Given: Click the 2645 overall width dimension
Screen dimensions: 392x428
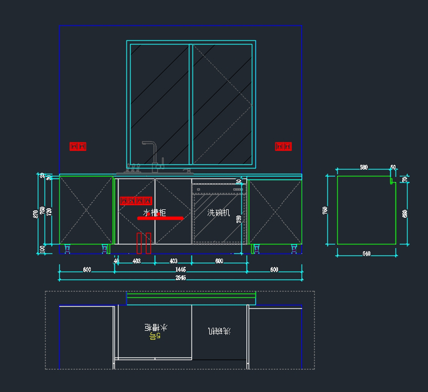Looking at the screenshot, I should click(180, 278).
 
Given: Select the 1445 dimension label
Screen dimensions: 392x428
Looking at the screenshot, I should click(180, 270).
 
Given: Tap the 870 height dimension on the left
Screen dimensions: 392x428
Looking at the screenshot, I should click(35, 214).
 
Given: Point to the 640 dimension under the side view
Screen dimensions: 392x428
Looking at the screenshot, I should click(366, 254).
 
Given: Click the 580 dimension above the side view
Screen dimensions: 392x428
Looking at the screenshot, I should click(363, 167).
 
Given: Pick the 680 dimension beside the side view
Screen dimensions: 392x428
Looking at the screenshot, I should click(405, 214).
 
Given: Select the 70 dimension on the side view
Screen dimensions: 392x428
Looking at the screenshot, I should click(404, 179).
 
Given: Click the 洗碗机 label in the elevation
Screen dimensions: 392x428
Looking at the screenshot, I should click(219, 213).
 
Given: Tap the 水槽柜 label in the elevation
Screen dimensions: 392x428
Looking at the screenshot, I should click(154, 213).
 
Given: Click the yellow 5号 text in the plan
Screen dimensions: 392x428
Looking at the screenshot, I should click(155, 336).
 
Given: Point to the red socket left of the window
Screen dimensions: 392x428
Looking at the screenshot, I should click(78, 146).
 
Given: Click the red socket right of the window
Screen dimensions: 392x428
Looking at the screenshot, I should click(283, 146).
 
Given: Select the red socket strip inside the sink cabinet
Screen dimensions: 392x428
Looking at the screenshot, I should click(136, 201).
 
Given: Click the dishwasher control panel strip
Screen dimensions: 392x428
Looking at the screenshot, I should click(219, 189).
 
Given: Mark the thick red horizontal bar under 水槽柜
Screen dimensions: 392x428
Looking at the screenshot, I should click(160, 218).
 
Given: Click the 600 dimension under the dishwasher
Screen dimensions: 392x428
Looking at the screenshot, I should click(219, 261).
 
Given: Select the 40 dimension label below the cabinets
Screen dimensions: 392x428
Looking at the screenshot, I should click(116, 261).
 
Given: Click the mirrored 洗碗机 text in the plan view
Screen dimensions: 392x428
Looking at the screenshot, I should click(219, 331).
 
